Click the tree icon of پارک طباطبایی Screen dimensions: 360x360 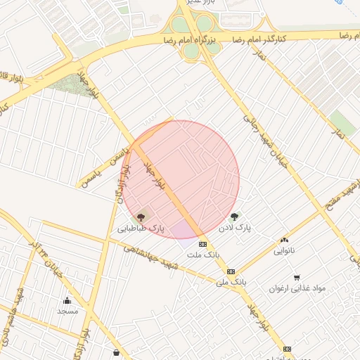click(141, 217)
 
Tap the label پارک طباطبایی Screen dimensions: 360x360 click(141, 229)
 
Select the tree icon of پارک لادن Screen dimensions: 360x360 click(234, 217)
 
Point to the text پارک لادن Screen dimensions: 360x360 click(234, 229)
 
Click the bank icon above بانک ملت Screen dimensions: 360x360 click(203, 244)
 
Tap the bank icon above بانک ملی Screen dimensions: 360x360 click(231, 271)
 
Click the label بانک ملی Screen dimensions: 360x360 click(231, 282)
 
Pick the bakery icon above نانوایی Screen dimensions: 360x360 click(284, 240)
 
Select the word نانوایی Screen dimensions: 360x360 click(284, 250)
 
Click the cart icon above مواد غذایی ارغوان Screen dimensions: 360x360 click(297, 278)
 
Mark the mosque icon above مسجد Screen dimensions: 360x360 click(67, 300)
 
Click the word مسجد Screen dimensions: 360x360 click(67, 311)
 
